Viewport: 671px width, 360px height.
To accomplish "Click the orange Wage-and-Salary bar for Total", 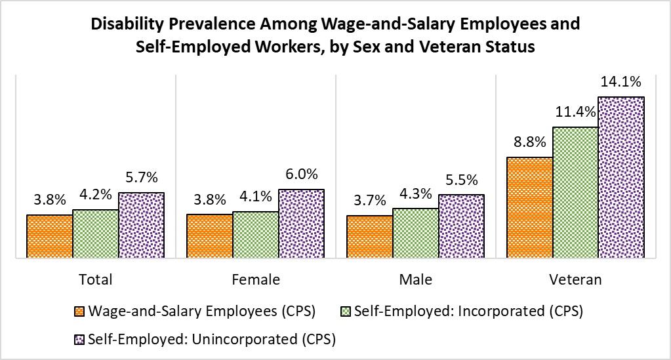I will [x=49, y=237].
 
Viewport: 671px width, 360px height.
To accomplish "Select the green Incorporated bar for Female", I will [x=256, y=235].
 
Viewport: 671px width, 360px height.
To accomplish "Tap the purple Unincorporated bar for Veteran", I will [x=622, y=178].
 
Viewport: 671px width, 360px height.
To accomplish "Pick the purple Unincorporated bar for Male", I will [x=461, y=226].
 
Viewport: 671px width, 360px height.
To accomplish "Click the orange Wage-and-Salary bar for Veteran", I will [x=529, y=208].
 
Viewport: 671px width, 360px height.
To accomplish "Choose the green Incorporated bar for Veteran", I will [x=575, y=193].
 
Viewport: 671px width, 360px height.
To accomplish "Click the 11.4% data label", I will [x=575, y=112].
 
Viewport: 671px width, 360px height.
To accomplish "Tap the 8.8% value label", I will [x=529, y=142].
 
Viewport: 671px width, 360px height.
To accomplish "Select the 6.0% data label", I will [x=301, y=174].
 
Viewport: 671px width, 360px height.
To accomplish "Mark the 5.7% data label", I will [x=142, y=178].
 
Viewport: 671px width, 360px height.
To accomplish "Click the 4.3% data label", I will [x=416, y=193].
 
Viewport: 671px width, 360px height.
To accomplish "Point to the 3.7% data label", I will [x=369, y=201].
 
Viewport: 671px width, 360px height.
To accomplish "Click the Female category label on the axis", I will [x=256, y=279].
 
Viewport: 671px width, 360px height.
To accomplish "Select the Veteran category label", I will [x=575, y=279].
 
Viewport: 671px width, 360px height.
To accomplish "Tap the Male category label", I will [x=416, y=279].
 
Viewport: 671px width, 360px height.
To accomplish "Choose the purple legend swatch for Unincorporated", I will [x=79, y=340].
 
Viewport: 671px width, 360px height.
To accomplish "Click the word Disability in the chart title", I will [x=127, y=24].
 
